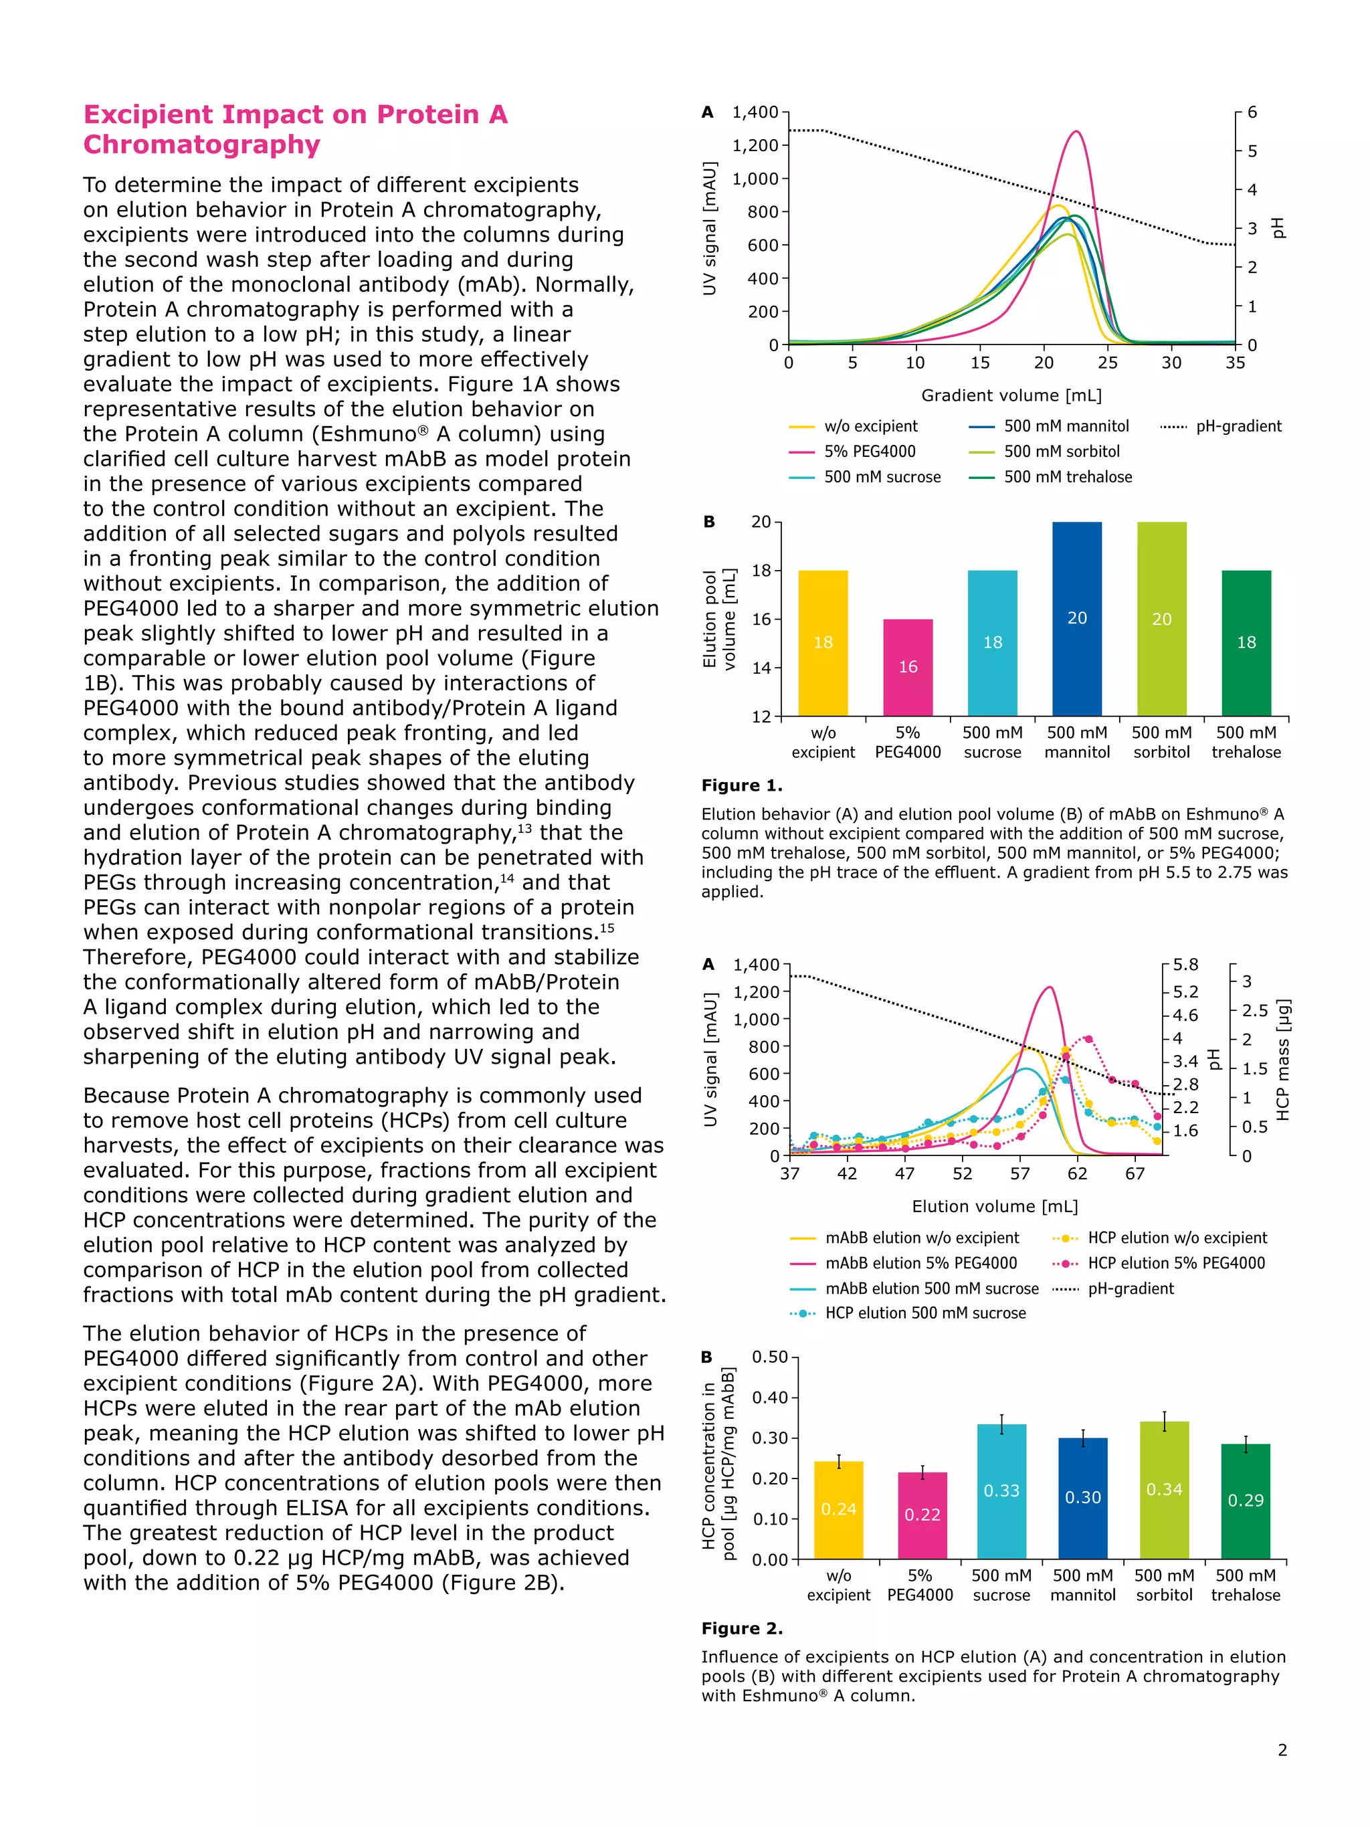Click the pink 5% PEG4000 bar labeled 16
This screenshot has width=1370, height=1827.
click(908, 668)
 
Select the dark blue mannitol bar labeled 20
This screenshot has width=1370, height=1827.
click(1077, 619)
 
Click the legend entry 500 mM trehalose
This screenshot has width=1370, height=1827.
click(1067, 476)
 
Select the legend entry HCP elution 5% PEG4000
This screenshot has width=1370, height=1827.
click(1175, 1263)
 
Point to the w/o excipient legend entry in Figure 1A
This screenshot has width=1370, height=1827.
click(870, 426)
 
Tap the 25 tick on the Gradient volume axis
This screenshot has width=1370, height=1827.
click(1107, 363)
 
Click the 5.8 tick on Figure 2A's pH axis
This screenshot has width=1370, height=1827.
click(1186, 965)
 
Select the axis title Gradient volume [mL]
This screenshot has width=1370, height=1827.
click(1011, 395)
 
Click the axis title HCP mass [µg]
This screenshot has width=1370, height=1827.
click(1282, 1060)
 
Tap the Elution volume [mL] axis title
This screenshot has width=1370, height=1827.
click(994, 1207)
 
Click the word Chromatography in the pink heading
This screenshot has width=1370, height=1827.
click(201, 145)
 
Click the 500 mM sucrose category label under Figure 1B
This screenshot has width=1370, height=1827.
click(992, 742)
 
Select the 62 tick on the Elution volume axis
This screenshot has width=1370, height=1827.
click(1077, 1173)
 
